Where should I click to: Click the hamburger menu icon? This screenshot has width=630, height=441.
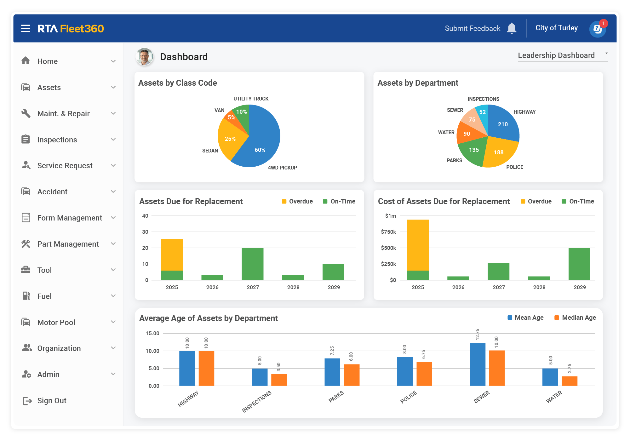point(26,29)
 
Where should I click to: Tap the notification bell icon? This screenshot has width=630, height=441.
point(512,28)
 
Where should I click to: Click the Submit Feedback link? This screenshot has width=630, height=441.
point(472,28)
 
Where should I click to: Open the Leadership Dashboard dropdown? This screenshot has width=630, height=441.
point(563,55)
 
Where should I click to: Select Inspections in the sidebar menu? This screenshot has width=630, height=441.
point(57,140)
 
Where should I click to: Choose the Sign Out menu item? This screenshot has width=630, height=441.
point(52,400)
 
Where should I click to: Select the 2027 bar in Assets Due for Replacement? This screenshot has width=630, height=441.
point(253,264)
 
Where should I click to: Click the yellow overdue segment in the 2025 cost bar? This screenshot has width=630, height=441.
point(418,245)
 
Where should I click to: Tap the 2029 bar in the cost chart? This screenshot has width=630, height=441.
point(579,264)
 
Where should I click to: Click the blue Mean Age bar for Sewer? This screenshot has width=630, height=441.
point(478,364)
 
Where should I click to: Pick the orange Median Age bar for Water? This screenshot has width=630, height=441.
point(570,381)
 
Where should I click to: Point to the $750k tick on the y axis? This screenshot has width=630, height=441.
point(388,232)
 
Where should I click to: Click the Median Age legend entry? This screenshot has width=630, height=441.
point(575,318)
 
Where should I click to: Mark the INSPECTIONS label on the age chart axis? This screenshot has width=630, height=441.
point(256,402)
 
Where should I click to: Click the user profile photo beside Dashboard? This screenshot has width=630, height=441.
point(145,57)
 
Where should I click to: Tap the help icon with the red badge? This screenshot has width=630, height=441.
point(598,29)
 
